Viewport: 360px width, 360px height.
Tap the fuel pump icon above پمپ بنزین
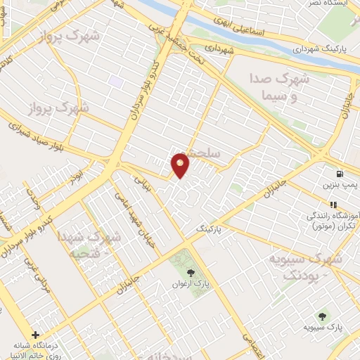[x=340, y=174]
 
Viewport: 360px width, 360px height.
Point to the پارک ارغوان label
[x=192, y=285]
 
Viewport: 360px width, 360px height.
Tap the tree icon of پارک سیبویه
[x=322, y=316]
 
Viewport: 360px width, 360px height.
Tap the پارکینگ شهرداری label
[x=321, y=50]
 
